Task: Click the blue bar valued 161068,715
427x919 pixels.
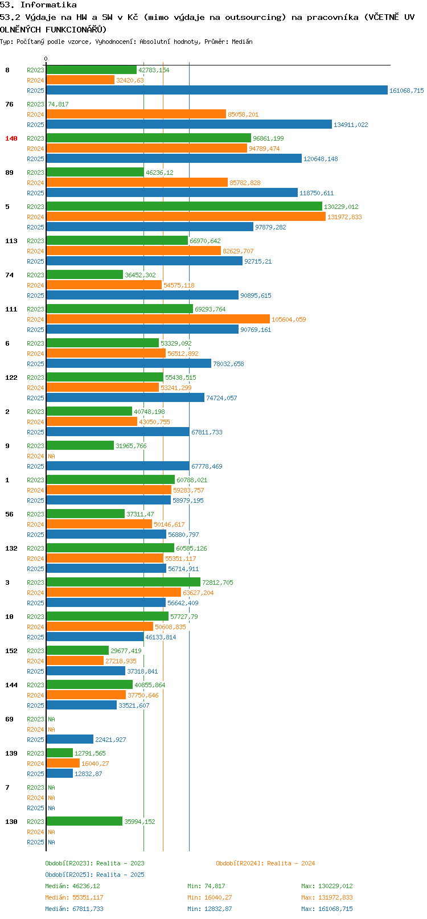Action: pyautogui.click(x=217, y=91)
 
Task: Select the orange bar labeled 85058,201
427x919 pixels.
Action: pyautogui.click(x=136, y=114)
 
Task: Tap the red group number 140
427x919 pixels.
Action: pyautogui.click(x=11, y=139)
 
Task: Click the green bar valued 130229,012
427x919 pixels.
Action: pyautogui.click(x=184, y=206)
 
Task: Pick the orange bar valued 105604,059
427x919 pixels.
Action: pyautogui.click(x=158, y=319)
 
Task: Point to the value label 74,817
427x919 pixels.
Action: pyautogui.click(x=58, y=104)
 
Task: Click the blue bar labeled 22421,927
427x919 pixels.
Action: pyautogui.click(x=69, y=739)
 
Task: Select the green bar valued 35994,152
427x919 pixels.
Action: pyautogui.click(x=84, y=822)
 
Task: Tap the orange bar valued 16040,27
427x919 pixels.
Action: pyautogui.click(x=63, y=763)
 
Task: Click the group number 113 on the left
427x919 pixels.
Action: pyautogui.click(x=11, y=241)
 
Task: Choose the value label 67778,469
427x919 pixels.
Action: pyautogui.click(x=207, y=466)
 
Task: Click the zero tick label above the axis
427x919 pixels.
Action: pyautogui.click(x=46, y=59)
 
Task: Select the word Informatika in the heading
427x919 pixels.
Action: pyautogui.click(x=48, y=5)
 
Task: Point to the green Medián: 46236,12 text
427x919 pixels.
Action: pyautogui.click(x=73, y=886)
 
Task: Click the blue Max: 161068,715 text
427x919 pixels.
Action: pyautogui.click(x=327, y=909)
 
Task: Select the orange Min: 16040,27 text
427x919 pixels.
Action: pyautogui.click(x=210, y=897)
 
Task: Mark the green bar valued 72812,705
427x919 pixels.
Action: pyautogui.click(x=124, y=582)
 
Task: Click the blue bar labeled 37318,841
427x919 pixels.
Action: pyautogui.click(x=86, y=671)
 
